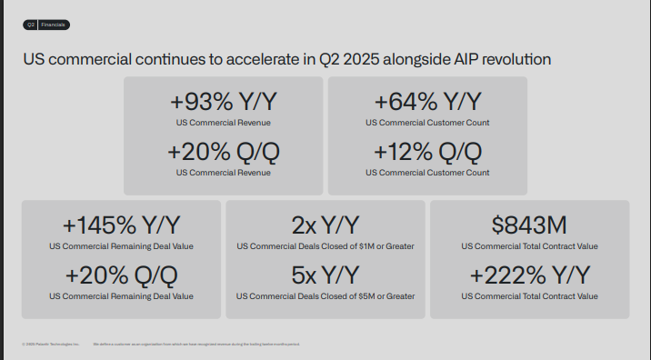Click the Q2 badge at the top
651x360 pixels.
coord(30,25)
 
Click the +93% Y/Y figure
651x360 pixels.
coord(223,102)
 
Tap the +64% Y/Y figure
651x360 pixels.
coord(427,102)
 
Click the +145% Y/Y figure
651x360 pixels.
coord(121,225)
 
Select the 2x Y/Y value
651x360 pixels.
coord(325,225)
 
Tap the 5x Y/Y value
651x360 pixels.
coord(325,275)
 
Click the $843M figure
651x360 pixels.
coord(529,225)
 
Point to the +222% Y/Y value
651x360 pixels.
coord(529,275)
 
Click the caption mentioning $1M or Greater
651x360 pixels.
coord(325,246)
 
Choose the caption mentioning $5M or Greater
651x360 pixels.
coord(325,295)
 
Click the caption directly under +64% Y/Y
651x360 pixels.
coord(427,122)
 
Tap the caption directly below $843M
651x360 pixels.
coord(529,246)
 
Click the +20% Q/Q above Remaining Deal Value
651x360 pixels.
coord(121,275)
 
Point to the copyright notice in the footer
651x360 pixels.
coord(51,345)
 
